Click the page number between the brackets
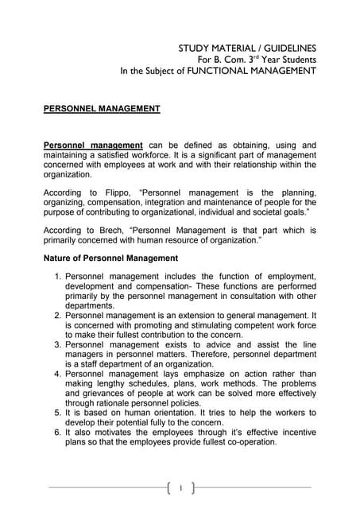tap(180, 487)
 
